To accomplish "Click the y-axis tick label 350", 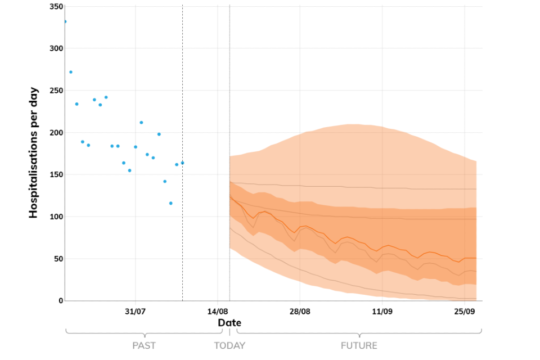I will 55,6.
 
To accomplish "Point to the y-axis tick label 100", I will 55,217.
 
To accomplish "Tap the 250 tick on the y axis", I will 55,91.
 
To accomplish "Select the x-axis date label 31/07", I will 136,311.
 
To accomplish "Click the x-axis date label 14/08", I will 218,311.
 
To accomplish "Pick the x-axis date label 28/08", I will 300,311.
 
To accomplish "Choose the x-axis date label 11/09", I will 382,311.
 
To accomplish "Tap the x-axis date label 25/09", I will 464,311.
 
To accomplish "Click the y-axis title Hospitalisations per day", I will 33,152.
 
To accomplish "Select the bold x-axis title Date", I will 229,323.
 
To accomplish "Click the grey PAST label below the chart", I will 144,345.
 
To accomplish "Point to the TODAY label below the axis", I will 229,345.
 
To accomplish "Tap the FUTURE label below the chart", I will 359,345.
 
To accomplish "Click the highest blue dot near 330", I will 65,22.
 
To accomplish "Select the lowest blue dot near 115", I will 170,203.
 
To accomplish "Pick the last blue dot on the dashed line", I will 182,163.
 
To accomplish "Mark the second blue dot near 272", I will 71,72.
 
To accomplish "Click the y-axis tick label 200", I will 55,133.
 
